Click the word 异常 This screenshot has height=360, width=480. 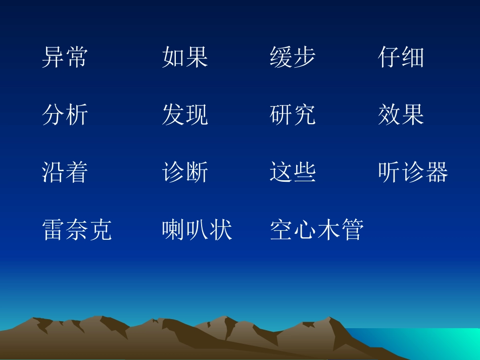tap(65, 57)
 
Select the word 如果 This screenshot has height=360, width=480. tap(185, 57)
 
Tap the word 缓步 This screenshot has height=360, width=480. tap(293, 57)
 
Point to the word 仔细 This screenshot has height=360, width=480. tap(401, 57)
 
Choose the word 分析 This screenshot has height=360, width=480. tap(65, 115)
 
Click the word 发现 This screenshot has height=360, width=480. tap(185, 115)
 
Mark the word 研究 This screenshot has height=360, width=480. tap(293, 115)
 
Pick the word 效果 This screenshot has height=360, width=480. tap(401, 115)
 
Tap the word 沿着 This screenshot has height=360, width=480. tap(65, 172)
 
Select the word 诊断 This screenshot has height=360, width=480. tap(185, 172)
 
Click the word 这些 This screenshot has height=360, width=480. tap(293, 172)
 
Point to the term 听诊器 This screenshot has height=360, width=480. tap(413, 172)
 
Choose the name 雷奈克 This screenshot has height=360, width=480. tap(77, 230)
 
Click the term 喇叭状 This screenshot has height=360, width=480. tap(197, 230)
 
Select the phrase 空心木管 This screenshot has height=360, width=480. tap(317, 230)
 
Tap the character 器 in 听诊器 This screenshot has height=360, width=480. tap(437, 172)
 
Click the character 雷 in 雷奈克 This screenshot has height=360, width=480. tap(53, 230)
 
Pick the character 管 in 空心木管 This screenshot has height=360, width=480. tap(353, 230)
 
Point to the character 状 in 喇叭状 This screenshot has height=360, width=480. tap(221, 230)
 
